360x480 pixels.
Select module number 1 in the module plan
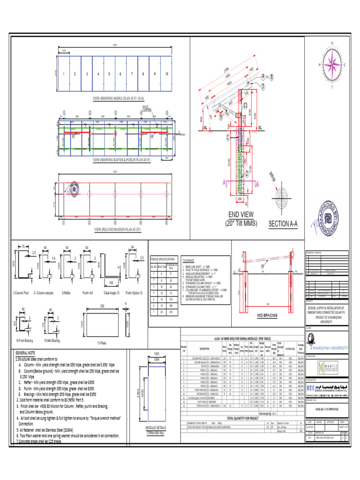click(x=64, y=74)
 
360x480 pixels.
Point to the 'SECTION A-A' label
click(x=283, y=224)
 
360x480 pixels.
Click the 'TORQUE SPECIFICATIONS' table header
click(x=163, y=259)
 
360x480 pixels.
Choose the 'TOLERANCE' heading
click(x=188, y=259)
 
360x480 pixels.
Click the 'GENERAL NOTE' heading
click(x=26, y=352)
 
